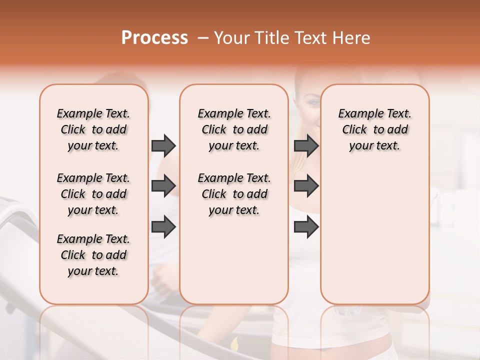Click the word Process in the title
click(x=154, y=38)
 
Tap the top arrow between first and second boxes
click(x=163, y=145)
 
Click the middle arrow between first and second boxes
click(x=163, y=186)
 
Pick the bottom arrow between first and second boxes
click(x=163, y=227)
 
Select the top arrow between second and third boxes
click(x=306, y=145)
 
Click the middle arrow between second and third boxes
click(x=306, y=186)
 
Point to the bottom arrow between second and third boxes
click(x=306, y=227)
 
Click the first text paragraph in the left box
click(x=93, y=129)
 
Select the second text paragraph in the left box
click(x=93, y=194)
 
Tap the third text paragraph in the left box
click(x=93, y=255)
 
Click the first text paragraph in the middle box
click(x=234, y=129)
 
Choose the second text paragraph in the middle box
click(x=234, y=194)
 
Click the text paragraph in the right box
click(x=374, y=129)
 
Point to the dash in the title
click(x=202, y=38)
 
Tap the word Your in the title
click(x=232, y=38)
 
